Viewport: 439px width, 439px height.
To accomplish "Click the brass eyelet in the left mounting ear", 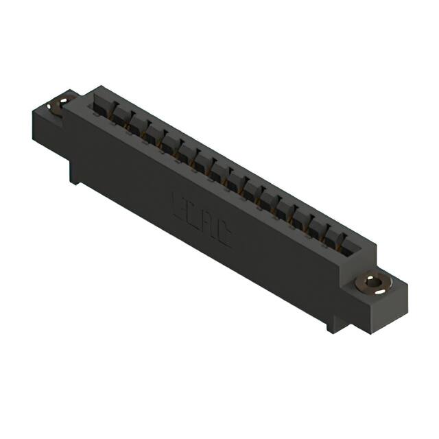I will point(60,104).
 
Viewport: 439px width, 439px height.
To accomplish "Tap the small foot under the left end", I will point(73,174).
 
